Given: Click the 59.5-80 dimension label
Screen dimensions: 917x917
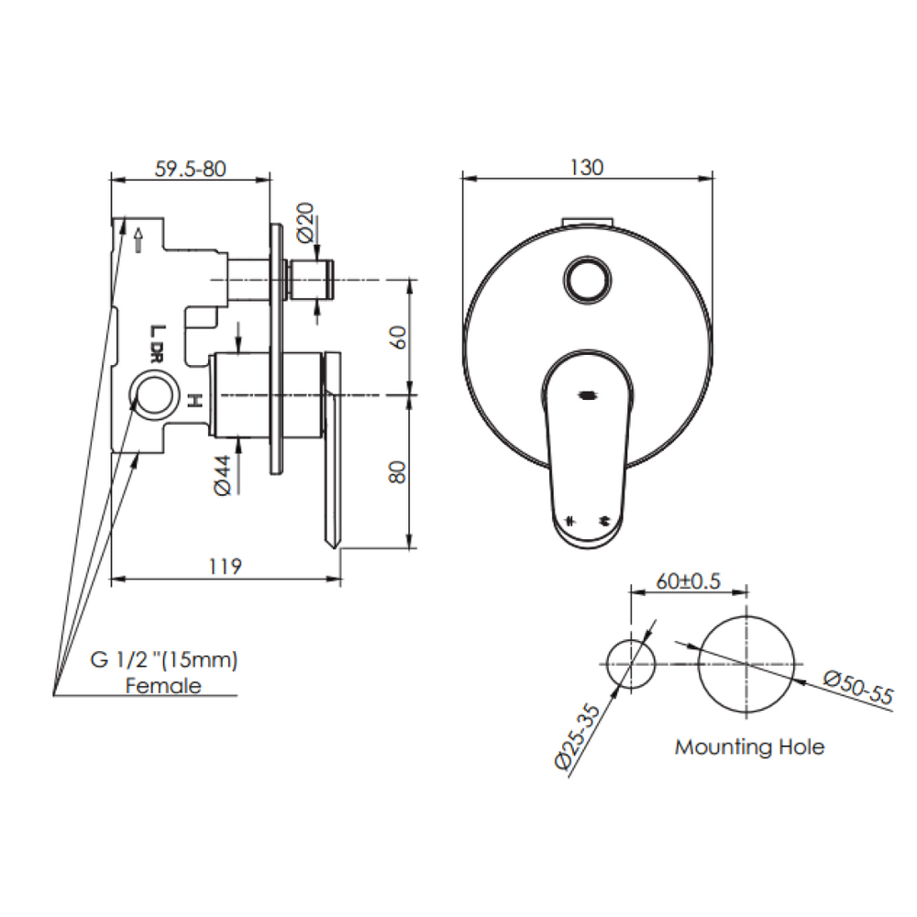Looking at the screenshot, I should (x=190, y=169).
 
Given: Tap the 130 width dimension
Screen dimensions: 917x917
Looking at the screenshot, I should (x=587, y=167).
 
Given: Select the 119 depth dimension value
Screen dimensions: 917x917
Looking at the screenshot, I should (x=225, y=567).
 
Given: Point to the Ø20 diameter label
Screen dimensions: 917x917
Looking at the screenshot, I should (x=306, y=223).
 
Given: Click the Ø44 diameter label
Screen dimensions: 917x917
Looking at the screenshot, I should (x=222, y=476).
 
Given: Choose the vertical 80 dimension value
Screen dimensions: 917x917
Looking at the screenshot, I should (x=397, y=472).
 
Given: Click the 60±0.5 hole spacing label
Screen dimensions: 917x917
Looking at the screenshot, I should (x=689, y=581).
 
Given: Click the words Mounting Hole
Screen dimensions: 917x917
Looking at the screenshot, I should (x=749, y=746).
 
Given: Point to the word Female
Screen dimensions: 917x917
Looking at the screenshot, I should (x=163, y=685).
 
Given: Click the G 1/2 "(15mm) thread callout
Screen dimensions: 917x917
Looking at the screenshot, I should (x=163, y=659).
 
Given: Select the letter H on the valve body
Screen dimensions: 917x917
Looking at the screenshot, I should (x=193, y=400).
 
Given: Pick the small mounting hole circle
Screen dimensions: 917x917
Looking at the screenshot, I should (x=631, y=662).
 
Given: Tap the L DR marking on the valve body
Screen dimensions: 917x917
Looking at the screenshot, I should (x=157, y=343).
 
